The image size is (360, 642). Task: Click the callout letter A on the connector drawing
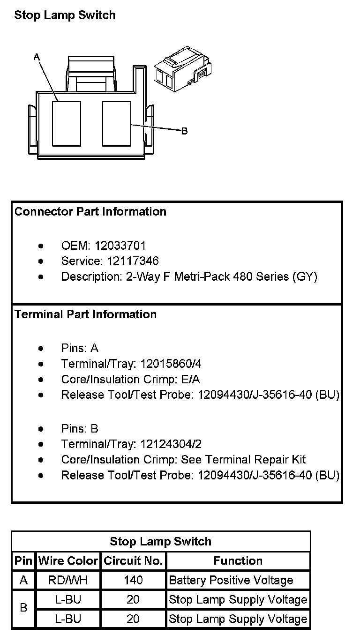tap(37, 57)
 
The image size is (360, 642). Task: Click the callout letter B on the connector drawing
tap(184, 131)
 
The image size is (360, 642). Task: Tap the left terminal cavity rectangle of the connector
tap(66, 124)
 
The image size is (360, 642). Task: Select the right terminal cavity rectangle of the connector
tap(116, 124)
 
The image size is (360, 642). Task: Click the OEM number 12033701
tap(120, 246)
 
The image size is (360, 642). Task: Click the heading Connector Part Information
tap(90, 211)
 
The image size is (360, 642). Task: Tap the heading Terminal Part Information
tap(85, 314)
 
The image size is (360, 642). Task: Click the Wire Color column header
tap(68, 561)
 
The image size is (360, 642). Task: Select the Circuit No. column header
tap(133, 561)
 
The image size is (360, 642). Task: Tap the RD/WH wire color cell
tap(68, 581)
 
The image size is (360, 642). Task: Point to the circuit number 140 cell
tap(133, 581)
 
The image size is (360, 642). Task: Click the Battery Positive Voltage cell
tap(231, 581)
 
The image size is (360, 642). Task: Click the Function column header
tap(238, 561)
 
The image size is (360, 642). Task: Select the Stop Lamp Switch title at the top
tap(65, 15)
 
